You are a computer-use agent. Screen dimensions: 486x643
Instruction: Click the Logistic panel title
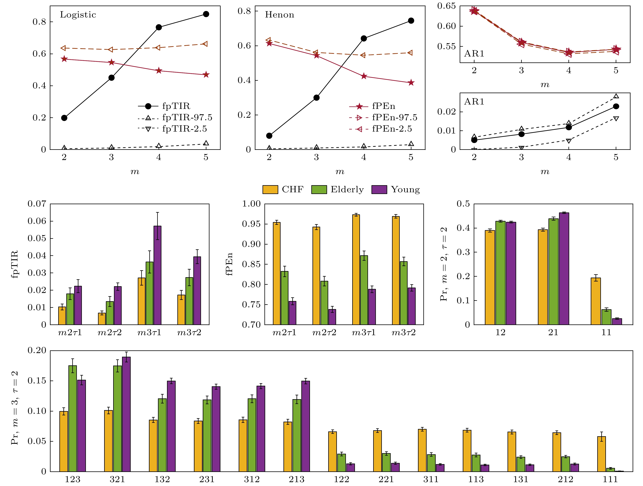(x=78, y=15)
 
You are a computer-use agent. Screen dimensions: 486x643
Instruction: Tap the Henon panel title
(x=279, y=15)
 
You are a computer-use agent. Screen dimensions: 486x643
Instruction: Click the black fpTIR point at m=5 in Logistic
(x=206, y=14)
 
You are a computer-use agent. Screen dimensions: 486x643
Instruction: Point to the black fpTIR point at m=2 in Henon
(x=269, y=136)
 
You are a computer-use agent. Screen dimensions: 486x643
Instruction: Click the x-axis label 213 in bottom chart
(x=297, y=479)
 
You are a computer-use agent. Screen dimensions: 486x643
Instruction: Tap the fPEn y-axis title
(x=229, y=264)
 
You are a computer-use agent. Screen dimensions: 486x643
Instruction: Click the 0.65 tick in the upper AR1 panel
(x=446, y=6)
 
